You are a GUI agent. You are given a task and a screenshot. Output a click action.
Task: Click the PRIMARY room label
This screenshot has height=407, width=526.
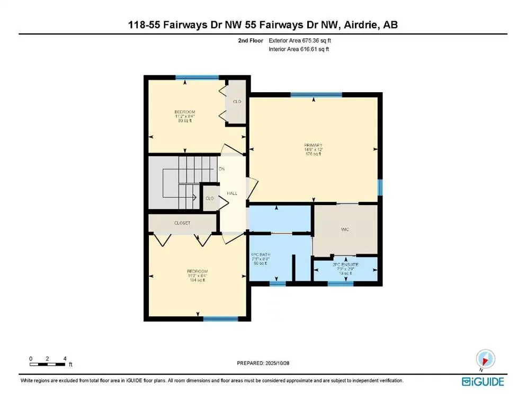pyautogui.click(x=313, y=145)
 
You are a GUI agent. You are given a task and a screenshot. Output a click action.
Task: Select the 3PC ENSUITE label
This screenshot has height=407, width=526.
pyautogui.click(x=345, y=264)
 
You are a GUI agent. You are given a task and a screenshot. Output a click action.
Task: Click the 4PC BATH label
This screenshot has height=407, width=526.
pyautogui.click(x=261, y=255)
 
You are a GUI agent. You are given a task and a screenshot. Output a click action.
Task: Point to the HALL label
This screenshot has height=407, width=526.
pyautogui.click(x=231, y=193)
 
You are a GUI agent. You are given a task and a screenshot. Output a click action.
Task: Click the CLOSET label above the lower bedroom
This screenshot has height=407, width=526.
pyautogui.click(x=182, y=223)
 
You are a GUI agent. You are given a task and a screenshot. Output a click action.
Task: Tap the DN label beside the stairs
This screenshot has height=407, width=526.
pyautogui.click(x=221, y=169)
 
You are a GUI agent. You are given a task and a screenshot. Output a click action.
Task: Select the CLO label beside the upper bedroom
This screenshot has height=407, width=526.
pyautogui.click(x=237, y=101)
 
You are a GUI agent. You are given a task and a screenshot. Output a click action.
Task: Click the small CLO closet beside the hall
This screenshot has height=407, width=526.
pyautogui.click(x=209, y=198)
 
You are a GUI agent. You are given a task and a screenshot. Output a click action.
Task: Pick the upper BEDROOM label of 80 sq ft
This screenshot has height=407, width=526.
pyautogui.click(x=184, y=112)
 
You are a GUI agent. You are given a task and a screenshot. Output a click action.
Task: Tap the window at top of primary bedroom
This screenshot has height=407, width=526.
pyautogui.click(x=316, y=95)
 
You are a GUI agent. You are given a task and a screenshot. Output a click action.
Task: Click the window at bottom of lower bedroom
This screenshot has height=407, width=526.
pyautogui.click(x=217, y=318)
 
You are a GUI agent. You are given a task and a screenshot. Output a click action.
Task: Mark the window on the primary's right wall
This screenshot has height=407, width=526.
pyautogui.click(x=379, y=187)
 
